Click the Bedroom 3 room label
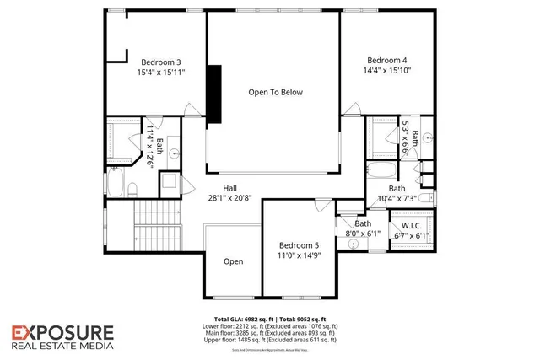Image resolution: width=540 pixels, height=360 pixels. coord(161,62)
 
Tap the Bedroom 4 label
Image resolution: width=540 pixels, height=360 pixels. coord(387,60)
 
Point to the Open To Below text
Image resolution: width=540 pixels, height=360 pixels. coord(275,92)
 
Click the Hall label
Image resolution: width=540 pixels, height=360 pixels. coord(230,188)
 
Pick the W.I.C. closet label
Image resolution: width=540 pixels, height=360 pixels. coord(412,225)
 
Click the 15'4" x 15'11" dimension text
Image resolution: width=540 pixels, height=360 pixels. coord(161,73)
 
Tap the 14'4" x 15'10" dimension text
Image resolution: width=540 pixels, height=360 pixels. coord(387,71)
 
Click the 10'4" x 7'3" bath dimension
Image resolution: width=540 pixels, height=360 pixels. coord(397,198)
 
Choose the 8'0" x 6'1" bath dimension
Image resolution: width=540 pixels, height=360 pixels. coord(363,234)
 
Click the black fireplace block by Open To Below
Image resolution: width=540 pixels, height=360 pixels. coord(215,94)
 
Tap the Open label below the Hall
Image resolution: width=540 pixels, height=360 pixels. coord(233,261)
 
